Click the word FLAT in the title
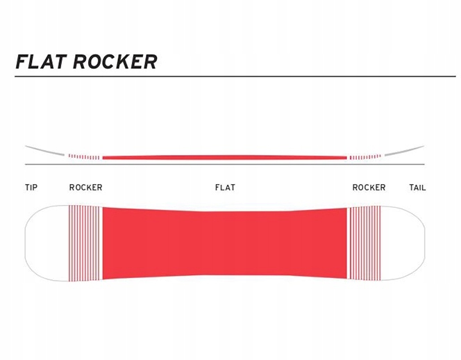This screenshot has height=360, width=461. pyautogui.click(x=40, y=62)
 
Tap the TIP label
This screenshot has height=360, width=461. pyautogui.click(x=31, y=188)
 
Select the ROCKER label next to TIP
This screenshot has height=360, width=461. pyautogui.click(x=85, y=188)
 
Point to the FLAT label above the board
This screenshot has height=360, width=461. pyautogui.click(x=225, y=188)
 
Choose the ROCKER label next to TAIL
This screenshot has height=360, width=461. pyautogui.click(x=369, y=188)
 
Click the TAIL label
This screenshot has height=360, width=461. pyautogui.click(x=417, y=188)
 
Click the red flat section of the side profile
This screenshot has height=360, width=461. pyautogui.click(x=225, y=157)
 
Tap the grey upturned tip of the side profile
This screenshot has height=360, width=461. pyautogui.click(x=43, y=150)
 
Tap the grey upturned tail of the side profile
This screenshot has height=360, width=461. pyautogui.click(x=405, y=150)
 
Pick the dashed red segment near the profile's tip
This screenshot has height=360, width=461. pyautogui.click(x=85, y=157)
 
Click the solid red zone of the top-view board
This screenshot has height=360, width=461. pyautogui.click(x=225, y=243)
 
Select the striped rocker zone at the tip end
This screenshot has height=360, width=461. pyautogui.click(x=85, y=243)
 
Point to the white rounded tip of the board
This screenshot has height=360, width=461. pyautogui.click(x=45, y=243)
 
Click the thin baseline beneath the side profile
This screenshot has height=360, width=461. pyautogui.click(x=225, y=165)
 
